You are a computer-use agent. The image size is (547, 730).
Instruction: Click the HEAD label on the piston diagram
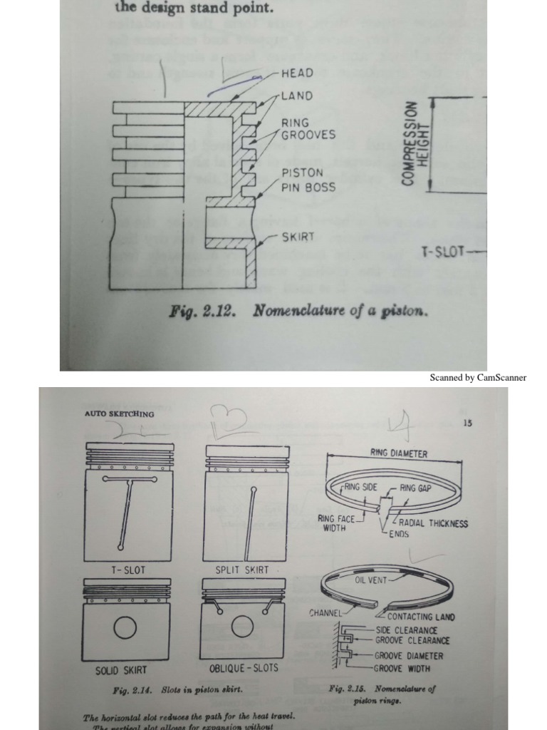[298, 73]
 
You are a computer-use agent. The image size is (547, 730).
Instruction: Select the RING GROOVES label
[308, 128]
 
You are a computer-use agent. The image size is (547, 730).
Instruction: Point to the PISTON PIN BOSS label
[308, 180]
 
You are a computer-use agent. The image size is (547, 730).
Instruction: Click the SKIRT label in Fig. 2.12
[298, 237]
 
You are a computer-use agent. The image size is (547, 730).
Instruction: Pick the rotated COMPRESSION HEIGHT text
[417, 144]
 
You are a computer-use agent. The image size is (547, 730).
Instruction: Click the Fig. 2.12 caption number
[208, 312]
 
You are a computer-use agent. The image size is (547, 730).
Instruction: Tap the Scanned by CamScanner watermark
[478, 378]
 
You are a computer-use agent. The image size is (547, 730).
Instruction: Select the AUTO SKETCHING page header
[119, 413]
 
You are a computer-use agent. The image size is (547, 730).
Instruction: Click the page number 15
[467, 423]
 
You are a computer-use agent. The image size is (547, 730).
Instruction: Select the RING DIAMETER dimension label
[399, 453]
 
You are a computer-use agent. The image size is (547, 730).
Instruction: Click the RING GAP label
[416, 488]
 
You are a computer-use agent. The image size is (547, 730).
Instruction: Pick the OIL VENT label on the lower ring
[370, 580]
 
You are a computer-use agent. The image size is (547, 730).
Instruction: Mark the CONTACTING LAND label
[421, 617]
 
